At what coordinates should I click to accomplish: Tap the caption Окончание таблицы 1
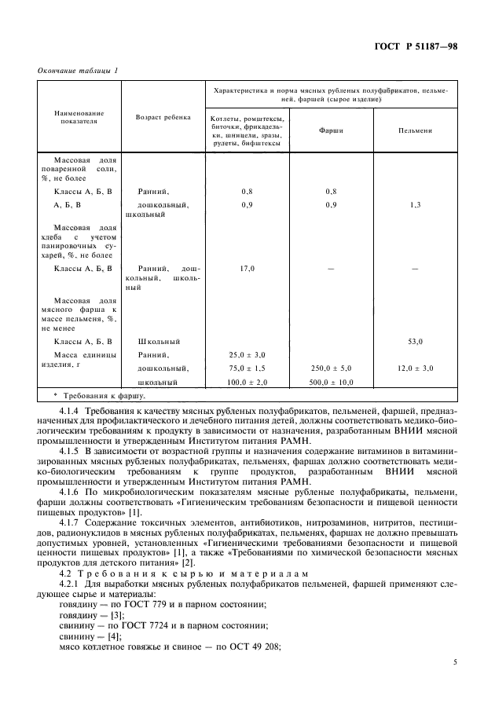coord(78,71)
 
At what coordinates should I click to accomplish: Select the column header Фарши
coord(331,131)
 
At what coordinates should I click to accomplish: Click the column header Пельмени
coord(415,131)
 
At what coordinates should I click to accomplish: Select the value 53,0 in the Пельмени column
coord(416,342)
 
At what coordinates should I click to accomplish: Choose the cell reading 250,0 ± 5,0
coord(331,368)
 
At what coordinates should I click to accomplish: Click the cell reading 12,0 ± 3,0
coord(416,368)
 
